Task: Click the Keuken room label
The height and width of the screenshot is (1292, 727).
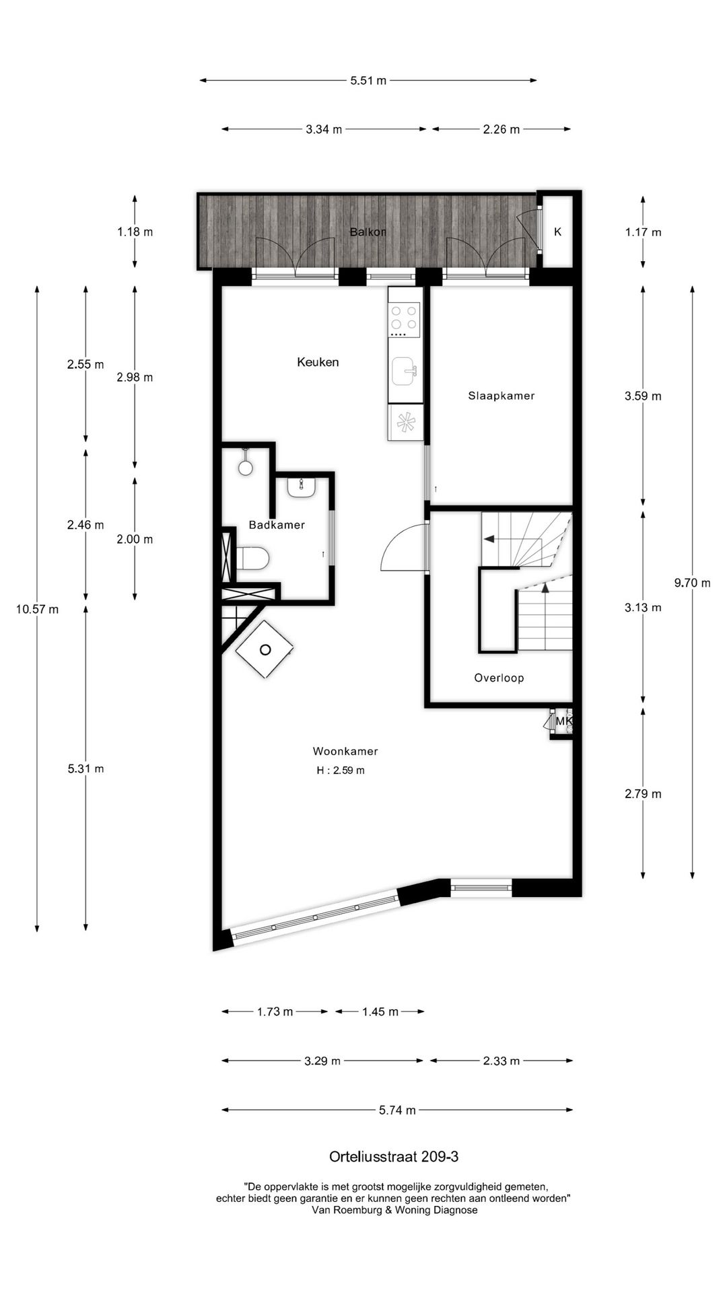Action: click(x=318, y=362)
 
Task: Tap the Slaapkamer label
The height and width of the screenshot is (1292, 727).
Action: click(x=501, y=396)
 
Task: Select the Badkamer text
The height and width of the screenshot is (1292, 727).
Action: click(x=277, y=525)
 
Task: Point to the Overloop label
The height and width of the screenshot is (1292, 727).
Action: click(x=499, y=678)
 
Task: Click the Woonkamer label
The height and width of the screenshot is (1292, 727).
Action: click(x=345, y=751)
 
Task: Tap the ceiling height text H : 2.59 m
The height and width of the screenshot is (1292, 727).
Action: click(x=341, y=770)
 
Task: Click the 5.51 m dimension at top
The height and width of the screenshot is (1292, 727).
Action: click(x=368, y=81)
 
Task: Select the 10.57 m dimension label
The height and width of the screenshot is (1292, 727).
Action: click(x=37, y=610)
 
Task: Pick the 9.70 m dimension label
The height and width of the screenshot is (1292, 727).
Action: click(x=693, y=583)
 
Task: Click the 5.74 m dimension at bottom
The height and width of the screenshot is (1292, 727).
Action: click(x=397, y=1110)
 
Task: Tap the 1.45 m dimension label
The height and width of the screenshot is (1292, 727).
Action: click(x=380, y=1011)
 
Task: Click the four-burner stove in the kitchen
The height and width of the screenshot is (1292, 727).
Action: click(x=405, y=319)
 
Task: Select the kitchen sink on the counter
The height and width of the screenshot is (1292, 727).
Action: click(x=405, y=371)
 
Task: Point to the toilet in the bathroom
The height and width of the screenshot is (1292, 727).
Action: click(x=254, y=558)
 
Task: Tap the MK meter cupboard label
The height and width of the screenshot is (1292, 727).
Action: click(x=563, y=722)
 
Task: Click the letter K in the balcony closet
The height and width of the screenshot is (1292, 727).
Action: click(x=557, y=232)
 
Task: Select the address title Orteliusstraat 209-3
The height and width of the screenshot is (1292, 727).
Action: click(x=394, y=1157)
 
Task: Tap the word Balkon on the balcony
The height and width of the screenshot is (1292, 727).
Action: click(x=368, y=232)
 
